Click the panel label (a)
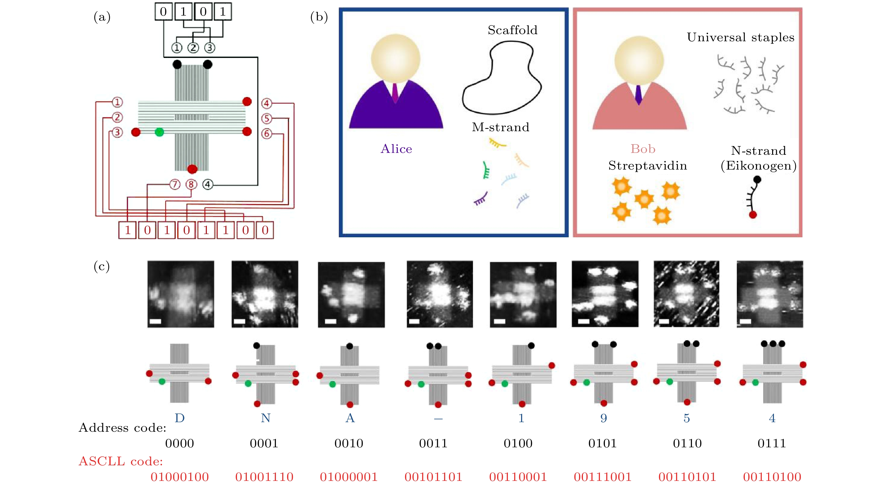tap(102, 17)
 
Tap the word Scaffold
tap(512, 30)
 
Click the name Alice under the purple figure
tap(396, 149)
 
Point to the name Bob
tap(643, 149)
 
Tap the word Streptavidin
tap(647, 166)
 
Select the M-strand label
tap(501, 127)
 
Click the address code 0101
tap(602, 443)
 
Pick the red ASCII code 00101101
tap(433, 477)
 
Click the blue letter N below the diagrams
tap(266, 418)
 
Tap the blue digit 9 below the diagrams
tap(604, 418)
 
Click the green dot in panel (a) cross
tap(159, 132)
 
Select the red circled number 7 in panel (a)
tap(175, 185)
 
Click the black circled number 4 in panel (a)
tap(208, 185)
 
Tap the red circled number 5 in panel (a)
tap(267, 119)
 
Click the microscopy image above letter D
tap(181, 294)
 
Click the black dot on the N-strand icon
tap(757, 179)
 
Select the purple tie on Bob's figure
tap(638, 94)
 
